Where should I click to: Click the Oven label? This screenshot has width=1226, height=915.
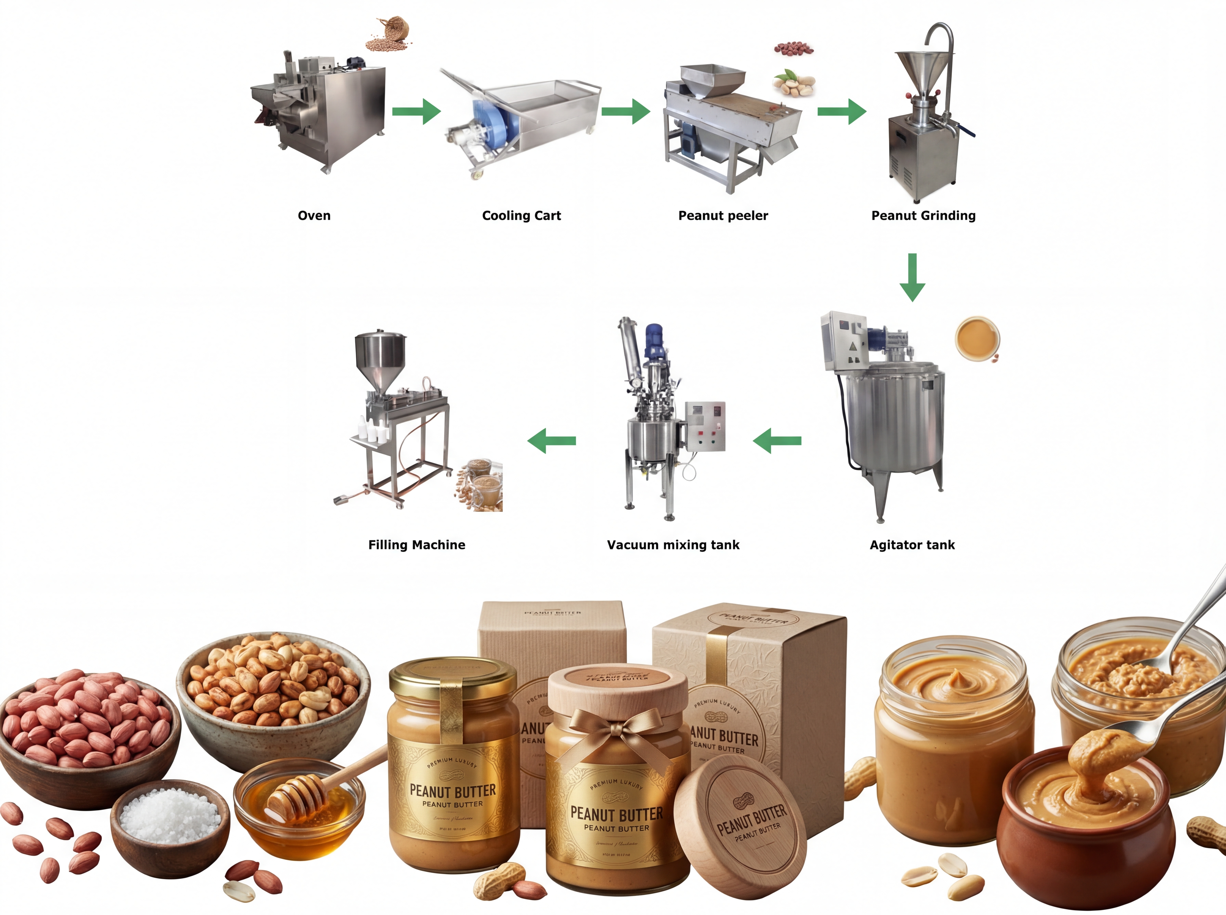(x=314, y=215)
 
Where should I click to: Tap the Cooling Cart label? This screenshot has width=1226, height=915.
(x=521, y=215)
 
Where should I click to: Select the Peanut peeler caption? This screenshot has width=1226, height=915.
(x=723, y=215)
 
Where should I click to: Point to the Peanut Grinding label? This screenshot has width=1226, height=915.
(x=923, y=215)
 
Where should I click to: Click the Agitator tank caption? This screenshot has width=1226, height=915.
(x=912, y=545)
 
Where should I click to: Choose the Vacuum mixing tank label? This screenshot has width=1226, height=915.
(x=673, y=545)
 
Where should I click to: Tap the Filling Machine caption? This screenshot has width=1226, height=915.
(x=417, y=545)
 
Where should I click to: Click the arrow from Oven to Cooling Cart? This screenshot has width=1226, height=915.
(x=416, y=111)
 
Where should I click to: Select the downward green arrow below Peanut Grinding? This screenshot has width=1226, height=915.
(x=912, y=277)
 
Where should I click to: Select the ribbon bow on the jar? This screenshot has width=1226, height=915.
(x=615, y=728)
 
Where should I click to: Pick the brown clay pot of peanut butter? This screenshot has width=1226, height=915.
(x=1086, y=831)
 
